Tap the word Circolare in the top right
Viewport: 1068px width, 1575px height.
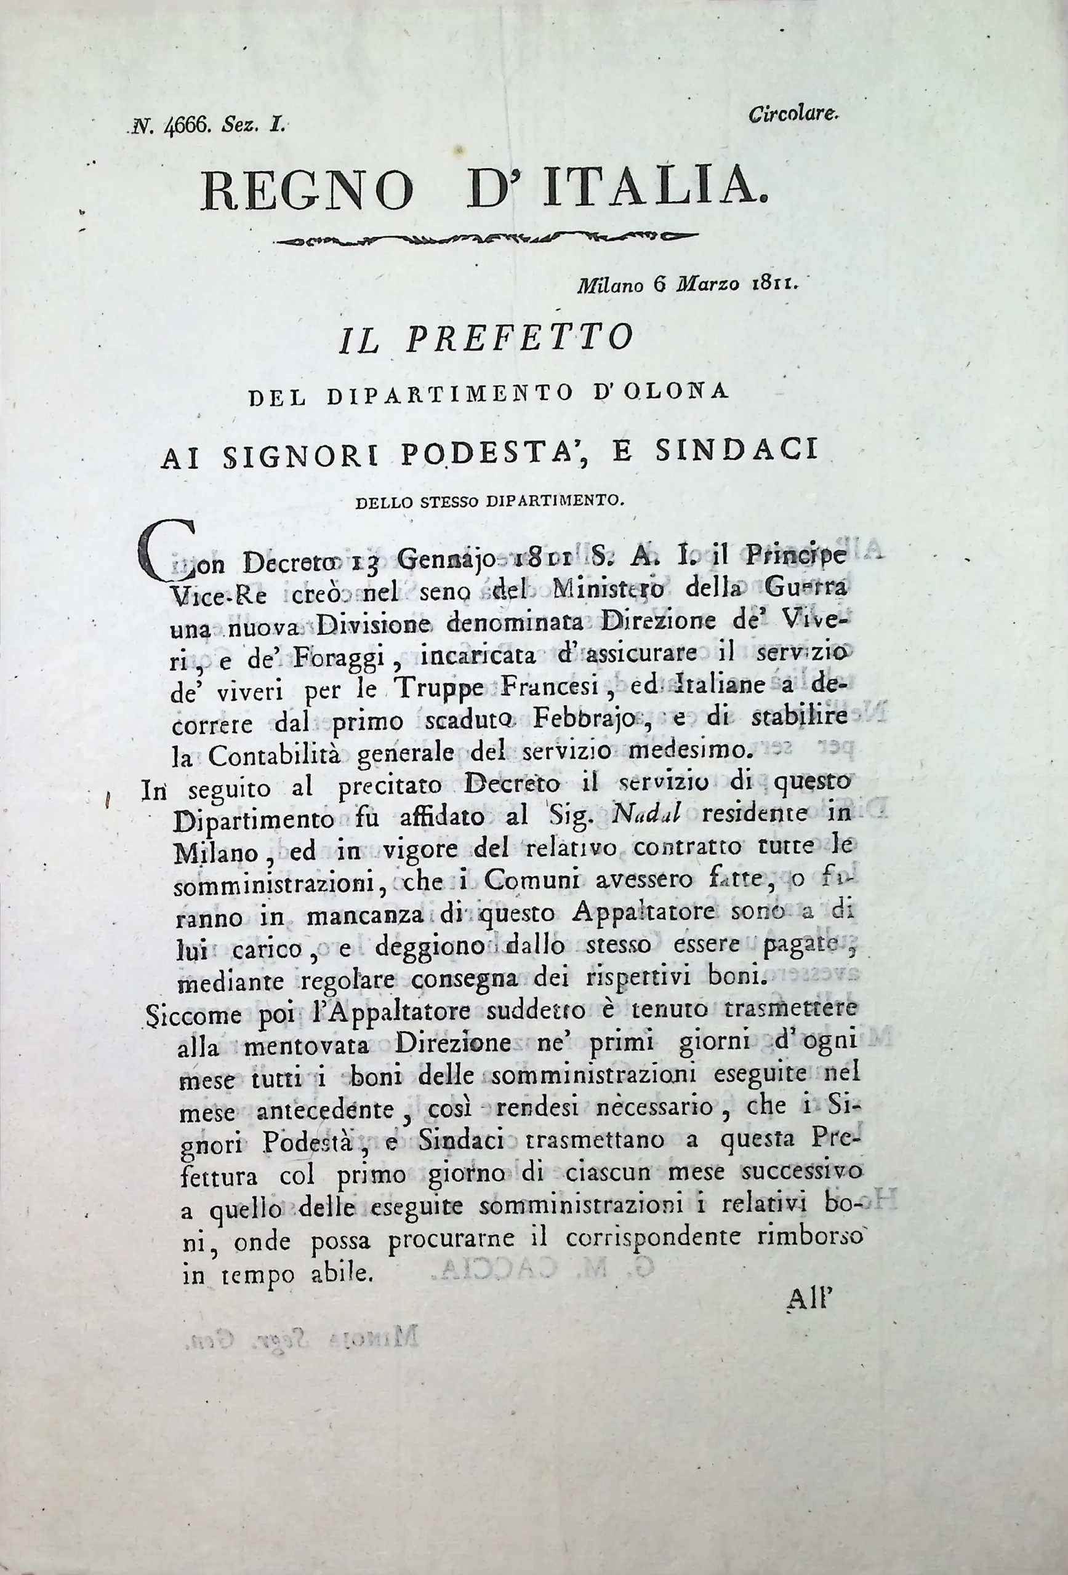[794, 115]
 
